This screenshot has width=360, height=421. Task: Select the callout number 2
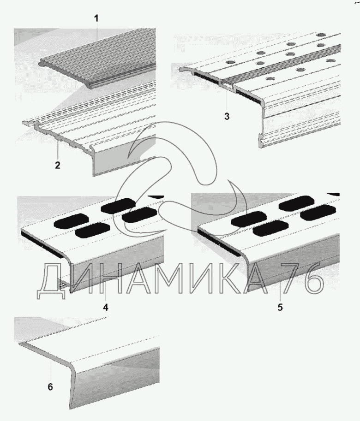(x=57, y=165)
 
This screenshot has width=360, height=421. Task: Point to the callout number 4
(x=105, y=307)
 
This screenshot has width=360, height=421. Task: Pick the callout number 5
(x=280, y=307)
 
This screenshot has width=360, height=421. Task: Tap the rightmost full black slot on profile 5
(x=318, y=214)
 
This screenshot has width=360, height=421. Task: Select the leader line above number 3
(x=226, y=99)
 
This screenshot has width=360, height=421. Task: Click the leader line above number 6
(x=49, y=372)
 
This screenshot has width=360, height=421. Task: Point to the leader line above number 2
(x=57, y=150)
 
